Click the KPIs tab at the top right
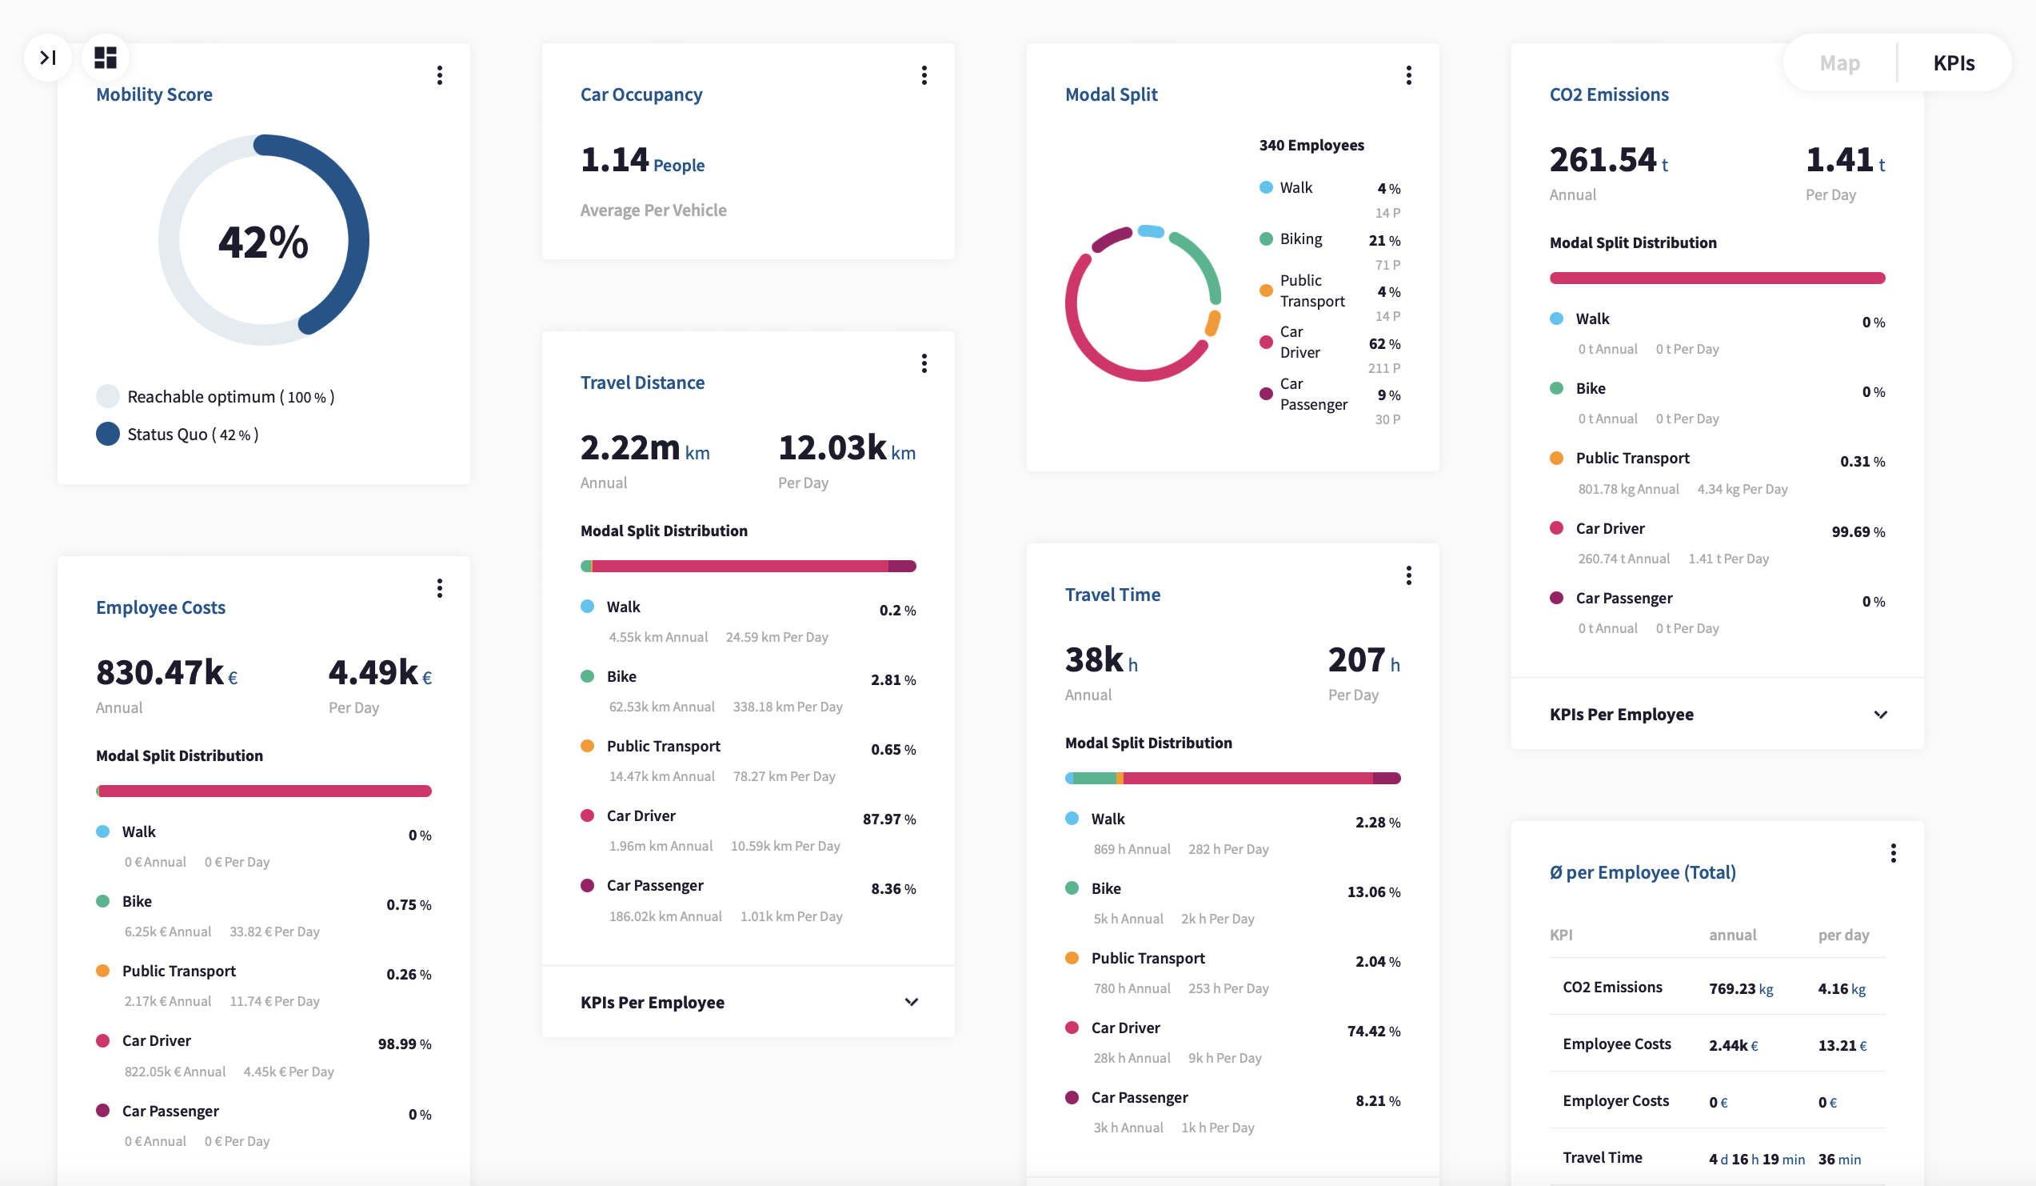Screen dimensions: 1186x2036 [x=1953, y=63]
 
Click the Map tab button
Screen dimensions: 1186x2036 [x=1838, y=63]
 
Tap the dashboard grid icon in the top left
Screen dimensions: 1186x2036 [x=105, y=58]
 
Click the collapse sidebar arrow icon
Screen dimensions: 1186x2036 [x=48, y=58]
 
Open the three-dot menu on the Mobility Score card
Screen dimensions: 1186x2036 [x=440, y=75]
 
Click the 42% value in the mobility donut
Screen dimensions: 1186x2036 [x=263, y=242]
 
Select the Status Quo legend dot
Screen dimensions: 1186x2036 [x=107, y=434]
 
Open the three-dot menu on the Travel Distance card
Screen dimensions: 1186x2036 [x=924, y=364]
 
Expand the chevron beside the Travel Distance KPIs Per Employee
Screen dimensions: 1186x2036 [x=911, y=1002]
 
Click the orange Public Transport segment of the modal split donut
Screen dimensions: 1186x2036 [x=1212, y=323]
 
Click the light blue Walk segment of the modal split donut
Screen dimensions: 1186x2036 [x=1151, y=231]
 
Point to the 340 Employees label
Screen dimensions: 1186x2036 [x=1311, y=146]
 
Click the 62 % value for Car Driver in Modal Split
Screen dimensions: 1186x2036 [x=1383, y=343]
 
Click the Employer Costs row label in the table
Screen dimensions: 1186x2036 [x=1615, y=1100]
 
